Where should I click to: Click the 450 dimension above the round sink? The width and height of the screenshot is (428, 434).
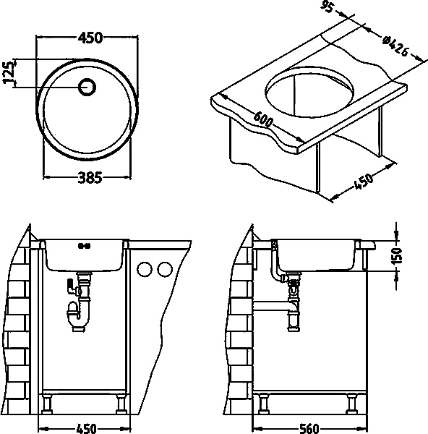click(90, 38)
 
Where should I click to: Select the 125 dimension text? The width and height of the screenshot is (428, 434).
click(9, 72)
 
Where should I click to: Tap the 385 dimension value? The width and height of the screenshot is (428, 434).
click(90, 178)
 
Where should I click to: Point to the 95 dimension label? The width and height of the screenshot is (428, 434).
click(327, 7)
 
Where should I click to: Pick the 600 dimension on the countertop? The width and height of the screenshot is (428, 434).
click(263, 119)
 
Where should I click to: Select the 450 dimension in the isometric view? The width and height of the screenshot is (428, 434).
click(364, 182)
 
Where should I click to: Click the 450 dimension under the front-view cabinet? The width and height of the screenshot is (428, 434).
click(86, 429)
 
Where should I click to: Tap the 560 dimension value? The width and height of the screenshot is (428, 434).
click(309, 429)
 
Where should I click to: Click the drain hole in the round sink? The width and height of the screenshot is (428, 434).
click(87, 87)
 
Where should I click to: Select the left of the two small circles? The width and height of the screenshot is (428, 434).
click(145, 269)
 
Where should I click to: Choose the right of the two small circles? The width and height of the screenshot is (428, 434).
click(165, 269)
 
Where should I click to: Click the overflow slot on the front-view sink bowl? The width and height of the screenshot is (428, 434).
click(85, 245)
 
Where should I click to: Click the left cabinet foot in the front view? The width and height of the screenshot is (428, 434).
click(47, 404)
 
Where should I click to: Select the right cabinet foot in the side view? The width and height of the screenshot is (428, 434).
click(352, 404)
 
